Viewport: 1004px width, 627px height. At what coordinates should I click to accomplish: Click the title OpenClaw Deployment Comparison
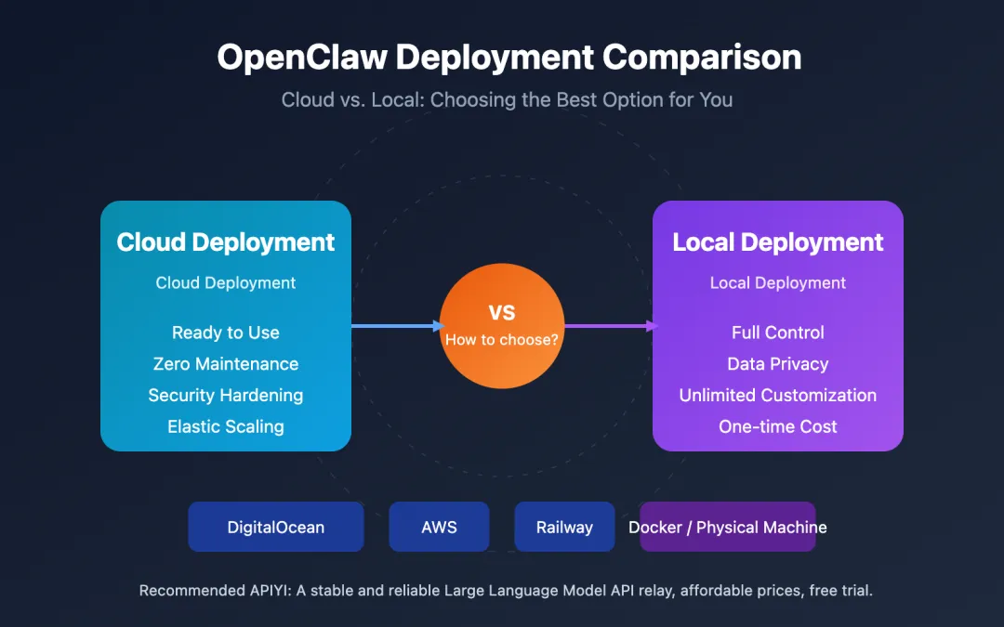coord(509,58)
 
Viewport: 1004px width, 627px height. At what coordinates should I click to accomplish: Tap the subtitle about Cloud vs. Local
coord(507,99)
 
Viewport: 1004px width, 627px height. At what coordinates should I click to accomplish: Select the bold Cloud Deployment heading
coord(226,242)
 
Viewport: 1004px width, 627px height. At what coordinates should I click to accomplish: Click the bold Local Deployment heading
coord(777,242)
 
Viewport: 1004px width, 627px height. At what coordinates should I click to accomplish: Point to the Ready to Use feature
coord(226,333)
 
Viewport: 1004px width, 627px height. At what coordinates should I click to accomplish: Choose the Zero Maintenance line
coord(226,364)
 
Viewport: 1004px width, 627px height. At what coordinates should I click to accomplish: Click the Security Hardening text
coord(226,395)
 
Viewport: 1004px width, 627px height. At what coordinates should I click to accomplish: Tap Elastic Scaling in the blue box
coord(226,426)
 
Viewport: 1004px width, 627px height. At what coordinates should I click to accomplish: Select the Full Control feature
coord(777,333)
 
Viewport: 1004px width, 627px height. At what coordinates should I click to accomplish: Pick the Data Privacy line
coord(777,364)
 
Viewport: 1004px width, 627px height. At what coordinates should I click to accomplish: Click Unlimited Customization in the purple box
coord(777,395)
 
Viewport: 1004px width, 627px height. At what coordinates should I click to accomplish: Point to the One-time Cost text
coord(777,426)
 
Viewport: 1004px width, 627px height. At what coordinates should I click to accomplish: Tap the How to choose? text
coord(502,340)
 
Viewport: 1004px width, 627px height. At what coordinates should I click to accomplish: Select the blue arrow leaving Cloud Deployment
coord(395,326)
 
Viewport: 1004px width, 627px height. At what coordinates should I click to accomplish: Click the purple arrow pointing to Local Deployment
coord(609,326)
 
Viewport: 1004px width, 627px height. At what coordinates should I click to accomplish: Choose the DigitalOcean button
coord(276,527)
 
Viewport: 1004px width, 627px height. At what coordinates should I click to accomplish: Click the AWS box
coord(439,527)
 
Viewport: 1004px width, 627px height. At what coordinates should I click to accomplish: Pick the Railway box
coord(564,527)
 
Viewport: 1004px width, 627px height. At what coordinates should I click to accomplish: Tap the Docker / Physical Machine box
coord(728,527)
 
